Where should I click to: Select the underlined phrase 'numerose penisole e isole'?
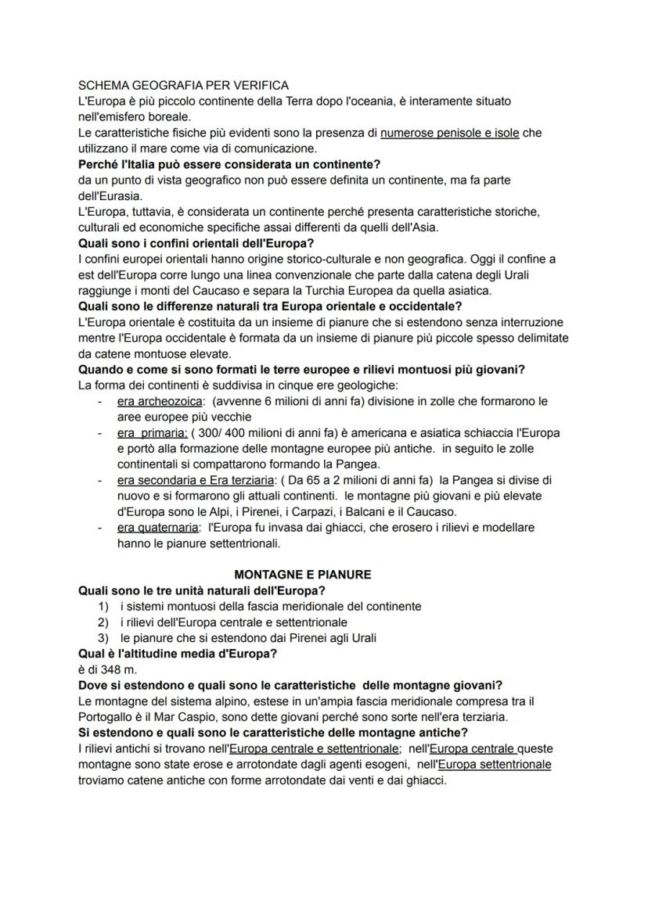pyautogui.click(x=449, y=133)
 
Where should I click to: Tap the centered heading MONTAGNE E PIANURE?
pyautogui.click(x=303, y=575)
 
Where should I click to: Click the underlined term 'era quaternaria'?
pyautogui.click(x=157, y=528)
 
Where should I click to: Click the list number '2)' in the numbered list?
pyautogui.click(x=103, y=622)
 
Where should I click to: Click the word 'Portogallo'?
pyautogui.click(x=107, y=716)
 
